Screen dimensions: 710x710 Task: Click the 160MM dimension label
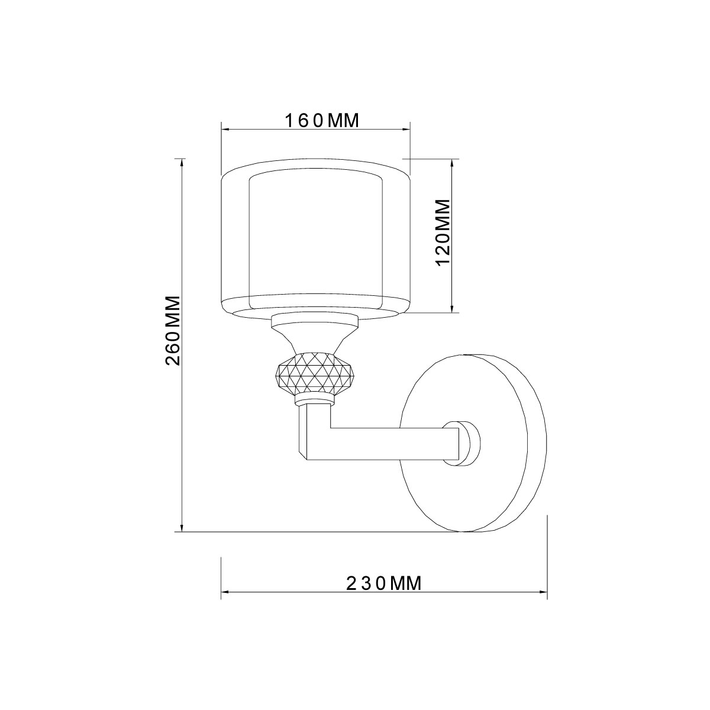pos(322,121)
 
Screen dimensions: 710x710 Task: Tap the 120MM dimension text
pos(443,234)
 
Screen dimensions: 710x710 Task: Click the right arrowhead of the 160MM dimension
pos(408,130)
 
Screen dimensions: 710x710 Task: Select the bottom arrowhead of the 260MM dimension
pos(182,528)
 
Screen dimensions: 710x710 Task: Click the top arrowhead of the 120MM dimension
pos(453,162)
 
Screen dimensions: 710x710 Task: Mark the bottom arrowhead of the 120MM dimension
pos(453,309)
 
